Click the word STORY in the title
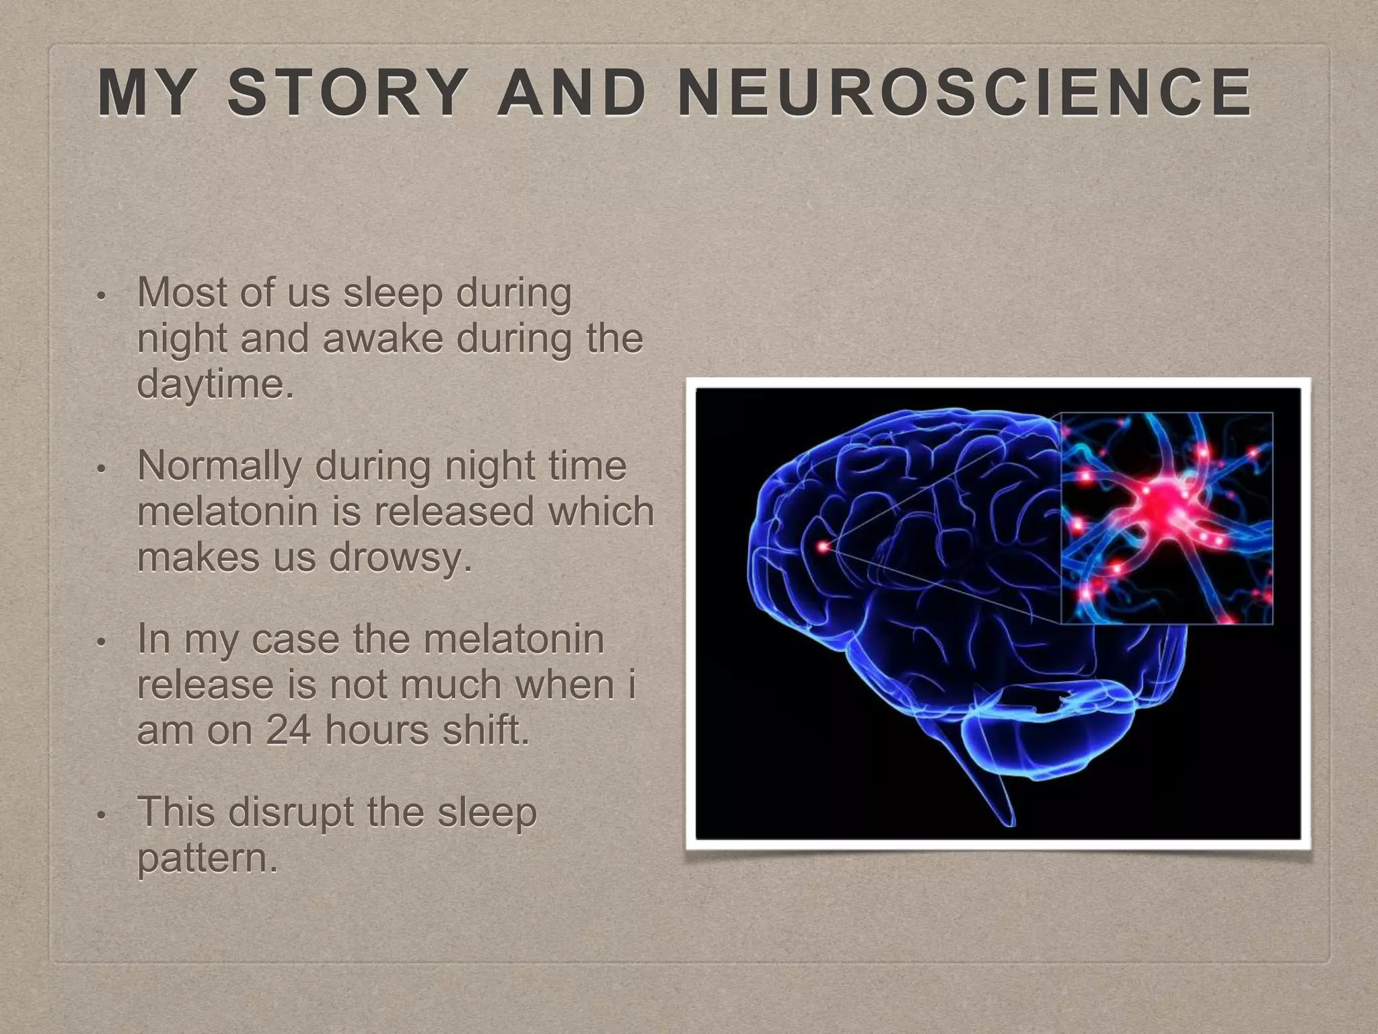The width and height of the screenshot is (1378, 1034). point(347,93)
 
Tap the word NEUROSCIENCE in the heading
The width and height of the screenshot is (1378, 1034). point(965,93)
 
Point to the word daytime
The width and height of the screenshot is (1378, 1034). point(215,385)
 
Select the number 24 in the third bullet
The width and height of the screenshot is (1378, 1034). point(288,730)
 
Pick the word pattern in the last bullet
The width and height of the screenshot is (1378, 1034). point(207,859)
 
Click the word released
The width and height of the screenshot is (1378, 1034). point(454,512)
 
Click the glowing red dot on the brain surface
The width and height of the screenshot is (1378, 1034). point(822,547)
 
